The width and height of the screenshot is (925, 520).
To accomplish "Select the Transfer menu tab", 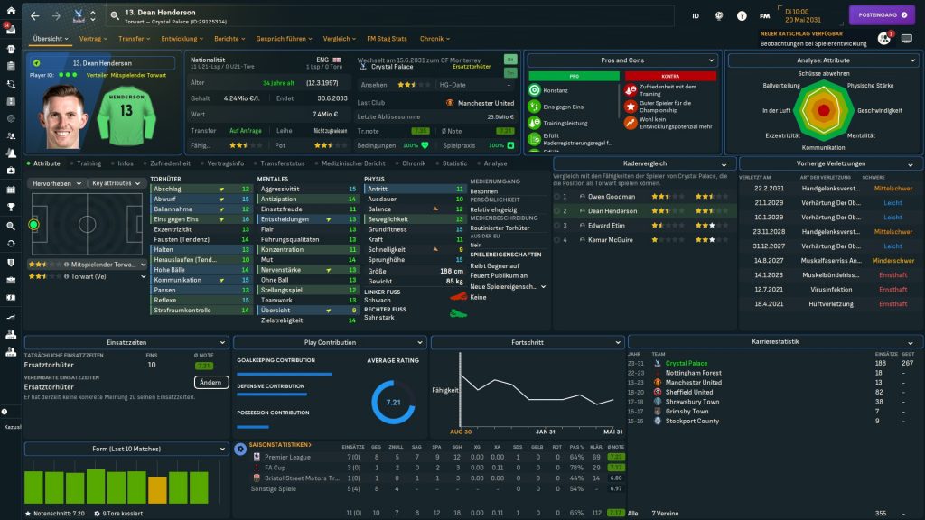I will (x=133, y=39).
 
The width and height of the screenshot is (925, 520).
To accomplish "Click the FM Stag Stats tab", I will (x=387, y=39).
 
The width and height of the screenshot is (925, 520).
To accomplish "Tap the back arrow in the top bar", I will (x=35, y=15).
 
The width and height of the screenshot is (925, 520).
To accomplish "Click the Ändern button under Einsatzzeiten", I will (x=210, y=382).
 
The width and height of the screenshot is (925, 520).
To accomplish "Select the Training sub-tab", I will (x=89, y=163).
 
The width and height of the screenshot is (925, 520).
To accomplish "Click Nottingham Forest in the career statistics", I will (x=694, y=373).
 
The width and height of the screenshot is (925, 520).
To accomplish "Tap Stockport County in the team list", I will (x=692, y=421).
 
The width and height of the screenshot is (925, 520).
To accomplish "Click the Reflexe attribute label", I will (x=164, y=300).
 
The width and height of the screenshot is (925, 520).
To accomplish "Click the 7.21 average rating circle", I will (x=393, y=402).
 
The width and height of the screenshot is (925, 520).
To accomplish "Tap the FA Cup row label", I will (x=275, y=468).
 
